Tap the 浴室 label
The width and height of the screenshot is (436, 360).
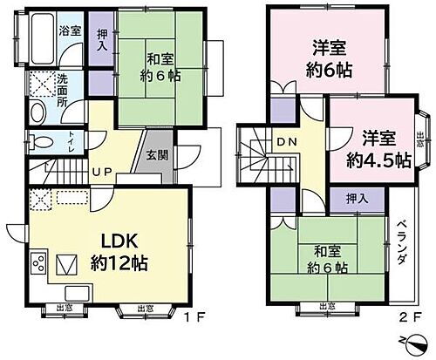pos(70,29)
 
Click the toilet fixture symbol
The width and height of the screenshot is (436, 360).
pos(35,142)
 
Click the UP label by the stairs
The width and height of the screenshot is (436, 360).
pos(102,172)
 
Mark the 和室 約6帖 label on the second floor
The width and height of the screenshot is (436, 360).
pos(327,259)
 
